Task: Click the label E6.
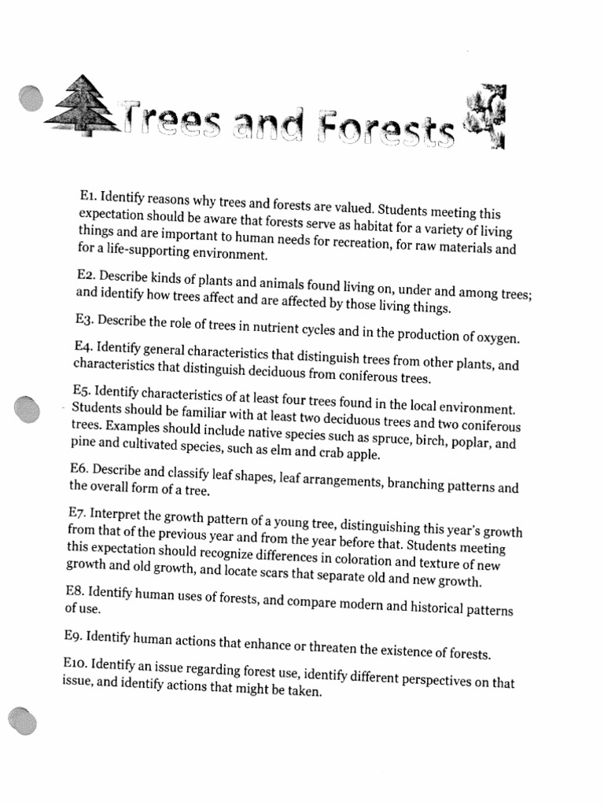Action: click(x=79, y=469)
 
